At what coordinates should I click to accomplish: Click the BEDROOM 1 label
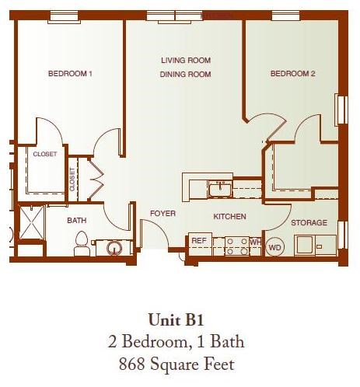(70, 75)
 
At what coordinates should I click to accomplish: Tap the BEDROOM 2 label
(292, 75)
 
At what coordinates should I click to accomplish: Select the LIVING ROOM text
(186, 61)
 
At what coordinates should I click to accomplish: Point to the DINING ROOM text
(186, 75)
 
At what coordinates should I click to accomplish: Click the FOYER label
(163, 213)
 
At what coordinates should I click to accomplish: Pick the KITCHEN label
(229, 217)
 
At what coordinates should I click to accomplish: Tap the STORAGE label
(309, 223)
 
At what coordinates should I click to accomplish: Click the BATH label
(76, 221)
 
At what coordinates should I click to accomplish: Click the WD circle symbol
(274, 248)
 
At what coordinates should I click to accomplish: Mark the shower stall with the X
(31, 225)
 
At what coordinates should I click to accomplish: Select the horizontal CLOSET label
(44, 155)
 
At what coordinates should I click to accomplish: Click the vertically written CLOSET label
(72, 179)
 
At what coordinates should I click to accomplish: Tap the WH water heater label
(254, 242)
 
